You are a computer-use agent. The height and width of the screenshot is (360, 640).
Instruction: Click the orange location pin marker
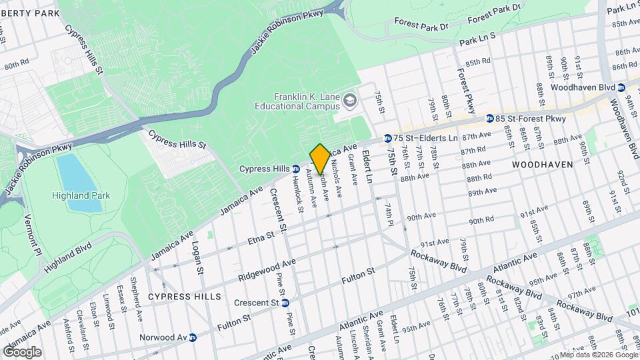[x=320, y=158]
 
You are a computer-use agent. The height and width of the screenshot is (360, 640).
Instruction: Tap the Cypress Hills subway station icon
[x=295, y=169]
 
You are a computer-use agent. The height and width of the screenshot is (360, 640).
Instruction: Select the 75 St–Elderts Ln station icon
[x=387, y=138]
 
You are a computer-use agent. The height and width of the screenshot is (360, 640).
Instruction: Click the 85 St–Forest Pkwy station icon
[x=490, y=119]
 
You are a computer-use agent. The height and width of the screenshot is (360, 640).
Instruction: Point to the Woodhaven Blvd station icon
[x=621, y=88]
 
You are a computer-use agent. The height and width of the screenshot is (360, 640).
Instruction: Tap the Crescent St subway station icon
[x=285, y=303]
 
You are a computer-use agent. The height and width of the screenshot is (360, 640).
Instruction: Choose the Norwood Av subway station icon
[x=192, y=337]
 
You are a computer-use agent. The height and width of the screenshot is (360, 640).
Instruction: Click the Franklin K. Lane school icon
[x=350, y=101]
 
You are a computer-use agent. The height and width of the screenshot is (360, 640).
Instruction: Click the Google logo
[x=22, y=352]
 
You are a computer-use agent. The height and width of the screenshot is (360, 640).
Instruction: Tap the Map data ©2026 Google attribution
[x=597, y=355]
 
